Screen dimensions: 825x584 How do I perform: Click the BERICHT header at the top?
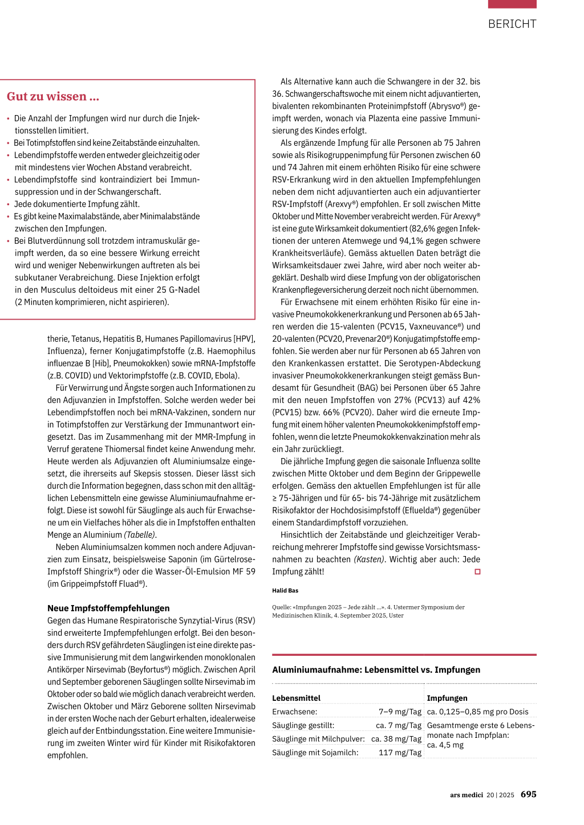pyautogui.click(x=512, y=24)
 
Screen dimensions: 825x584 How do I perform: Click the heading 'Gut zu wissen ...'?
pyautogui.click(x=53, y=96)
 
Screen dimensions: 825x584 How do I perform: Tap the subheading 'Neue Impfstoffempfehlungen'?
pyautogui.click(x=108, y=608)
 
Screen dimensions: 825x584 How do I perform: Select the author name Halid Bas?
pyautogui.click(x=285, y=590)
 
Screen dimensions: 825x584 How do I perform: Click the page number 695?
pyautogui.click(x=528, y=794)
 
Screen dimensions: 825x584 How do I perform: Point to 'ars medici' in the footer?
pyautogui.click(x=466, y=795)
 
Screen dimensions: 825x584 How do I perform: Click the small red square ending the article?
pyautogui.click(x=477, y=571)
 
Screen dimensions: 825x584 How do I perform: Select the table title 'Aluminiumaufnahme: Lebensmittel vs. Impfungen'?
pyautogui.click(x=376, y=669)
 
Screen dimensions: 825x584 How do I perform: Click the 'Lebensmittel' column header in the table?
pyautogui.click(x=296, y=698)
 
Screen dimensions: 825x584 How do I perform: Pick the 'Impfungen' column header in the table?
pyautogui.click(x=447, y=698)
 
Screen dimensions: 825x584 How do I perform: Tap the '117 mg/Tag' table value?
pyautogui.click(x=400, y=753)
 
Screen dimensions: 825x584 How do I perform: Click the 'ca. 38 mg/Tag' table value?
pyautogui.click(x=396, y=739)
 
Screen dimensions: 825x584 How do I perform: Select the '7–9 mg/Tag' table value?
pyautogui.click(x=400, y=712)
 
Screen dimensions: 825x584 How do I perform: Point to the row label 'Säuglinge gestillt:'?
pyautogui.click(x=303, y=725)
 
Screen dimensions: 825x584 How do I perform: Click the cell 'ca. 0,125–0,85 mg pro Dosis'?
pyautogui.click(x=477, y=712)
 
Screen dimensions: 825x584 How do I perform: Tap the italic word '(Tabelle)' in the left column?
pyautogui.click(x=140, y=534)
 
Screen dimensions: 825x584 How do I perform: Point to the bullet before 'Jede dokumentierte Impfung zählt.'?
pyautogui.click(x=8, y=205)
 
